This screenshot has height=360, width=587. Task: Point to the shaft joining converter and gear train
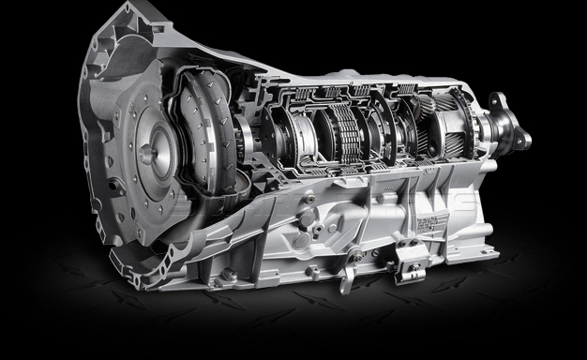(x=246, y=141)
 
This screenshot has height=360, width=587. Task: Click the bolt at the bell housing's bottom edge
(x=225, y=277)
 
